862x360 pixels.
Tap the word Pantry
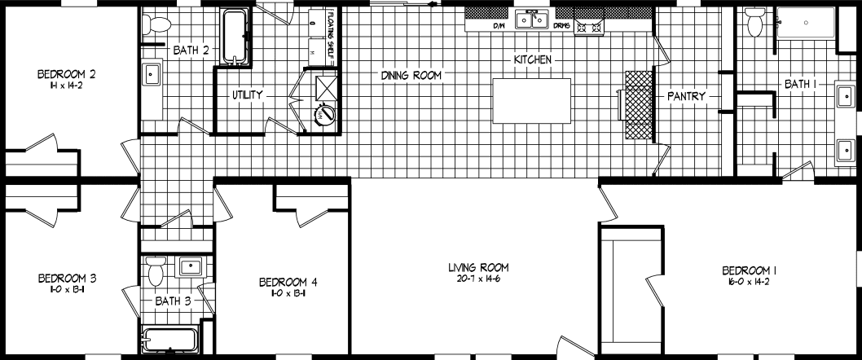(x=686, y=96)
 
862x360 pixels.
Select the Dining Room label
(x=411, y=76)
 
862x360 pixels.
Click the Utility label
(x=248, y=95)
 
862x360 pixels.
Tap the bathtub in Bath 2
(x=235, y=37)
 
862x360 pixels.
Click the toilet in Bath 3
(x=156, y=270)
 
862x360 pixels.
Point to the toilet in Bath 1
(x=754, y=25)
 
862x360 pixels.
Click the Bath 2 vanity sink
(x=152, y=75)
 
